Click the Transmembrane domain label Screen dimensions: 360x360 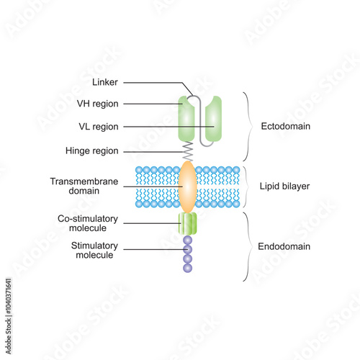tap(81, 186)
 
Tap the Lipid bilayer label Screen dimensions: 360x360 tap(284, 186)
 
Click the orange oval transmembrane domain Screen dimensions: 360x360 tap(187, 186)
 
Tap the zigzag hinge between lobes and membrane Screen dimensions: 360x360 tap(187, 150)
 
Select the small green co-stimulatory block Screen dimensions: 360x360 tap(187, 223)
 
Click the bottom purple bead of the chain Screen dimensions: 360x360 tap(187, 268)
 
